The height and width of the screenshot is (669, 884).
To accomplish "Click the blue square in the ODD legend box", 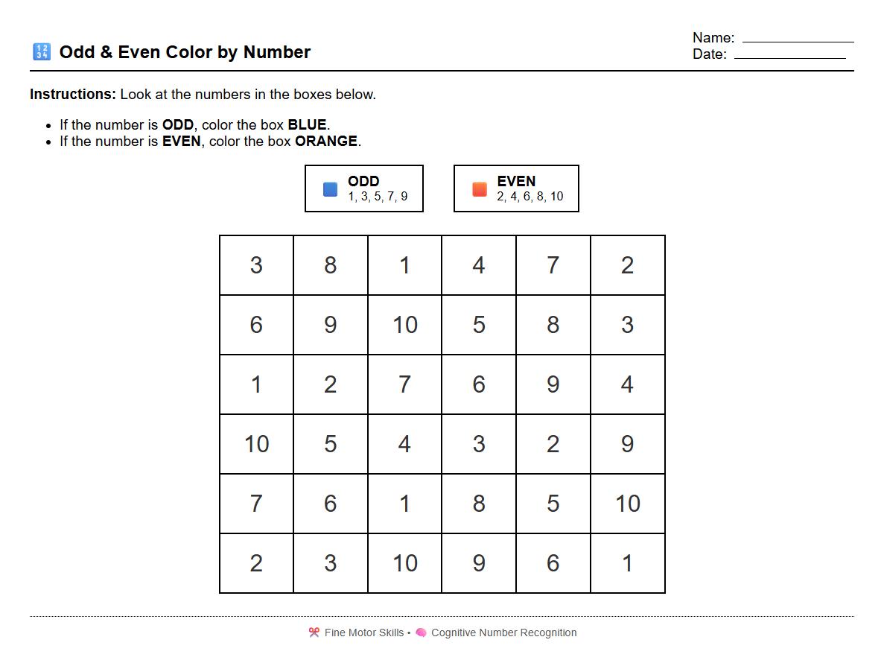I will tap(330, 189).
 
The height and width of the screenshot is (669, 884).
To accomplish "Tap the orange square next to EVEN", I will tap(480, 189).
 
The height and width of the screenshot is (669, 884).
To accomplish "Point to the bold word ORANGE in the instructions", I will tap(326, 141).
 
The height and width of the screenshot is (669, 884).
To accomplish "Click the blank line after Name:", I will tap(798, 40).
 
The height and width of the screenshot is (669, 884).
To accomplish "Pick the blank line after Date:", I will tap(789, 57).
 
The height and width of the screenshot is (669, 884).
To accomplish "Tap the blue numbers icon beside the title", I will tap(41, 52).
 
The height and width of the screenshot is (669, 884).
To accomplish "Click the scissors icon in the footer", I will tap(314, 632).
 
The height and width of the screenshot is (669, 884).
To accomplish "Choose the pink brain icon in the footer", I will tap(421, 632).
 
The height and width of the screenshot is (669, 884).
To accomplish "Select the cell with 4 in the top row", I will tap(479, 265).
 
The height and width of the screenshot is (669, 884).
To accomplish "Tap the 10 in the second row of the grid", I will tap(404, 325).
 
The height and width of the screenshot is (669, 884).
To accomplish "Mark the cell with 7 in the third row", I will tap(404, 384).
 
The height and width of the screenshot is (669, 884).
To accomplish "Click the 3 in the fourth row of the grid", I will tap(479, 444).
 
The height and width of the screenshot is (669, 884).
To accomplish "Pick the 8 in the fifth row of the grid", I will tap(479, 504).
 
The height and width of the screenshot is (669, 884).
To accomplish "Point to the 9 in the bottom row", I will tap(479, 563).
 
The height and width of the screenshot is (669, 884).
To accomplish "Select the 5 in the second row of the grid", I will tap(479, 325).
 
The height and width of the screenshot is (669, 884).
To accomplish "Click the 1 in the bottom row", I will tap(627, 563).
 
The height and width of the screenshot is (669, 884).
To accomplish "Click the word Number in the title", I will tap(277, 52).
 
